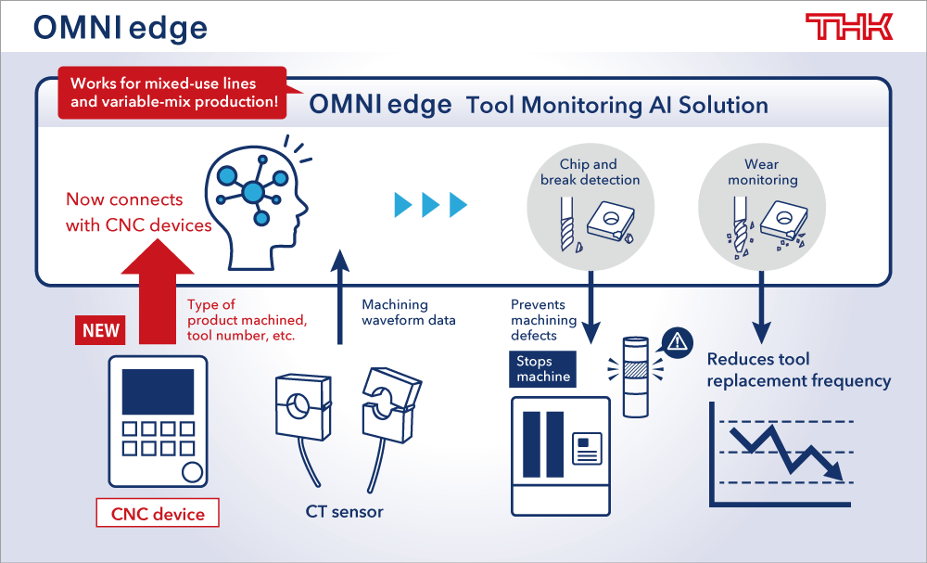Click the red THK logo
[849, 27]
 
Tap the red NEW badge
[100, 330]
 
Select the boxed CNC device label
[158, 513]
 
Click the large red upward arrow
[158, 290]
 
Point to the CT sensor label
[344, 512]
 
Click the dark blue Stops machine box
[542, 369]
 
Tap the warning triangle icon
[678, 341]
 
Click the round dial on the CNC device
[192, 472]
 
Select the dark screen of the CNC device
[158, 391]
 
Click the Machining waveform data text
[409, 313]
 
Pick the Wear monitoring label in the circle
[762, 173]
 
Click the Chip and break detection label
[590, 173]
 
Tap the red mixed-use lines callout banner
[172, 92]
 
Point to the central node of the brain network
[253, 192]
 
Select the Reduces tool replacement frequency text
[799, 370]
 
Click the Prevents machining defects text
[543, 320]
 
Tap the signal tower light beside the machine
[636, 377]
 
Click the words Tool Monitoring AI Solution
[617, 105]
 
